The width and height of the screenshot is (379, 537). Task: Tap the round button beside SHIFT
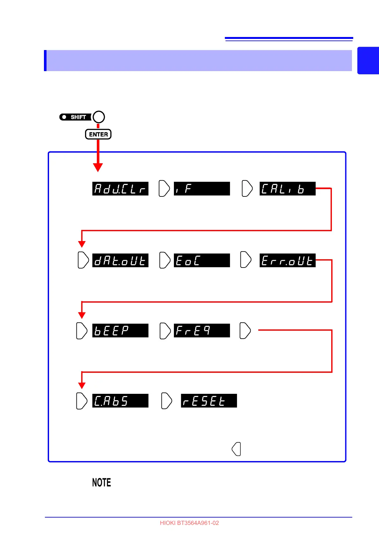click(99, 117)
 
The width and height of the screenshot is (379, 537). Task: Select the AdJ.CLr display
click(120, 189)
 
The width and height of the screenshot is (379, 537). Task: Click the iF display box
click(202, 189)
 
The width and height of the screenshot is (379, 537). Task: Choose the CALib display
click(287, 189)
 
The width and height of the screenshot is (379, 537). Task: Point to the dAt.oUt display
click(120, 261)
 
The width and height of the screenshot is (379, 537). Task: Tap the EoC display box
click(202, 261)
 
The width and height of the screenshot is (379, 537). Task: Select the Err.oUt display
click(287, 261)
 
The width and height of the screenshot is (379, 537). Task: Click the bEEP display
click(120, 331)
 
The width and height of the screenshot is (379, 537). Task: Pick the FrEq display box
click(202, 331)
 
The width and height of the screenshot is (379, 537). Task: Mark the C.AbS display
click(120, 401)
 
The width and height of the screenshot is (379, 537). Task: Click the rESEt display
click(209, 401)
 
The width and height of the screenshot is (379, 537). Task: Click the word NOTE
click(102, 482)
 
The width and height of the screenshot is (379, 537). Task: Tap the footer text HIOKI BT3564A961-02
click(189, 523)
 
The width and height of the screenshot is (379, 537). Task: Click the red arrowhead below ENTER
click(98, 167)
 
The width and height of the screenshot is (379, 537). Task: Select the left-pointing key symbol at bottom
click(236, 449)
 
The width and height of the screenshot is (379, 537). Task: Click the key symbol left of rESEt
click(167, 401)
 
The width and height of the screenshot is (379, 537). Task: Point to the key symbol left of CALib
click(247, 188)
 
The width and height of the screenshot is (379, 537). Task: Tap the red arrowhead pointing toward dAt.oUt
click(82, 244)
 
